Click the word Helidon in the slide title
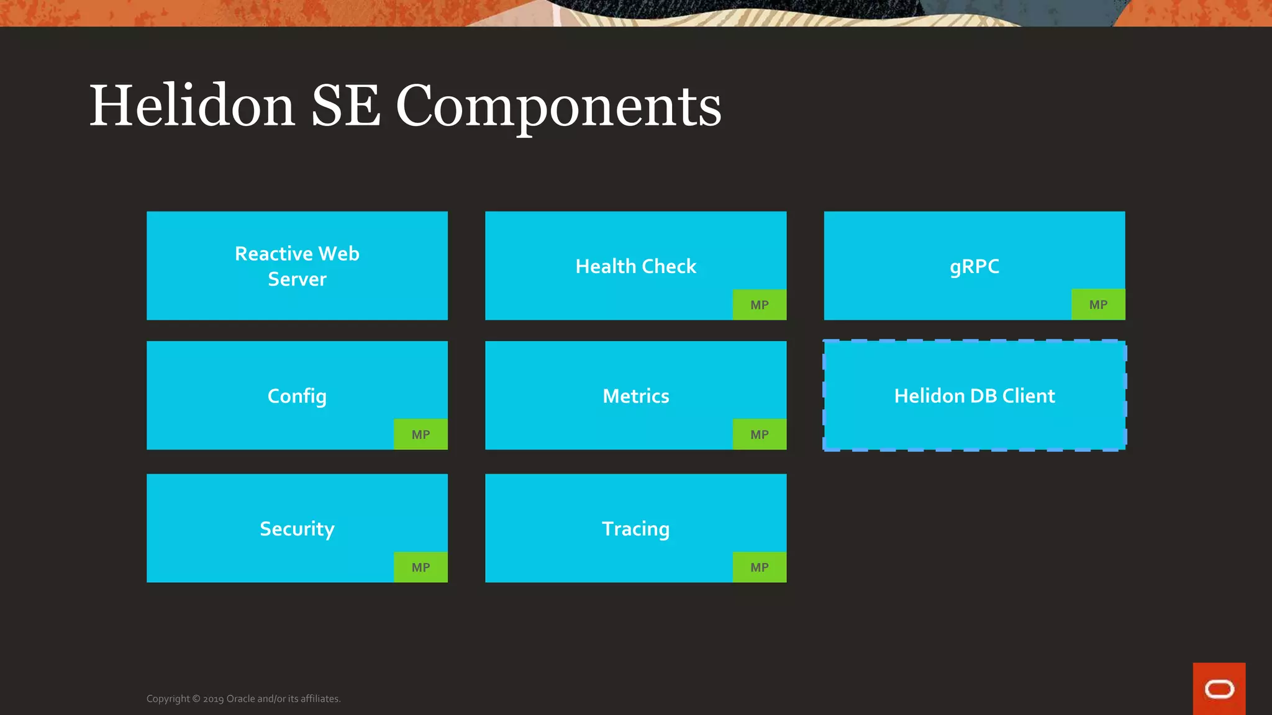(x=192, y=106)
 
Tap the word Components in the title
(x=558, y=106)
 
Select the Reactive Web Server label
(x=297, y=266)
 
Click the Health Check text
(x=635, y=266)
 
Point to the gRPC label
(x=974, y=266)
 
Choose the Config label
(x=297, y=396)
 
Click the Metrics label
(x=635, y=396)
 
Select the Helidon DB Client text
(x=974, y=396)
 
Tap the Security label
(x=297, y=529)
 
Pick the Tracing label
(x=635, y=529)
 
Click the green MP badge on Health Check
(x=759, y=305)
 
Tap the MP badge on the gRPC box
(x=1097, y=305)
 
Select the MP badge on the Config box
(x=420, y=434)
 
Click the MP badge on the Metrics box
(x=759, y=434)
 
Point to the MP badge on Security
(x=420, y=567)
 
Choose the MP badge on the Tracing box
(x=759, y=567)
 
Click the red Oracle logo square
(x=1219, y=689)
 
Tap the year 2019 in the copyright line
(x=213, y=699)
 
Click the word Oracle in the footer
(x=240, y=699)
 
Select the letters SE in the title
(x=345, y=106)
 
